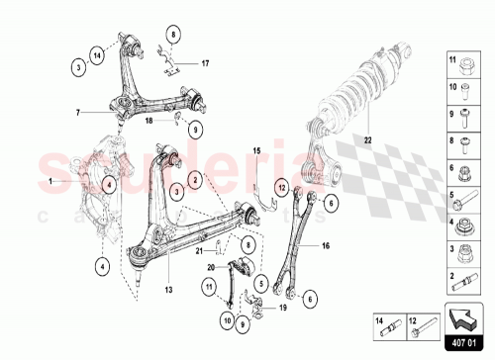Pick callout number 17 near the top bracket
[206, 64]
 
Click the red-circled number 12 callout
[281, 184]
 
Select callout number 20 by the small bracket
[210, 267]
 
